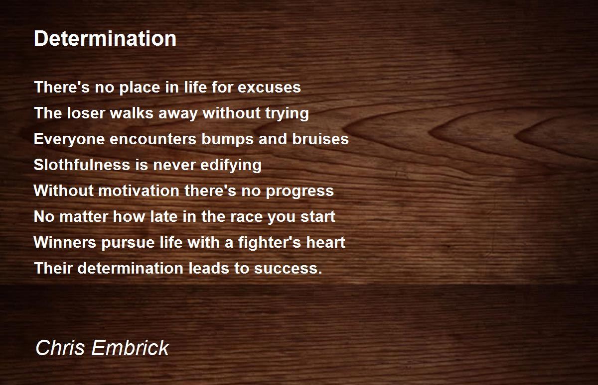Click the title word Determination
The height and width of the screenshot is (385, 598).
[105, 39]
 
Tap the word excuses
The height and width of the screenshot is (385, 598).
[269, 88]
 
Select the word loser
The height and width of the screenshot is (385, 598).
[86, 113]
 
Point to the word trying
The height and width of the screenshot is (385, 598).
[287, 114]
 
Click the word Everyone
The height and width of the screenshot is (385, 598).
[69, 139]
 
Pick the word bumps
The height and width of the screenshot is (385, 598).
[227, 139]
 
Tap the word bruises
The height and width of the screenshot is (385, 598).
[320, 139]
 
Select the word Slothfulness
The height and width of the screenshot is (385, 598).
[82, 164]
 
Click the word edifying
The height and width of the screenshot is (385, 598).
[231, 165]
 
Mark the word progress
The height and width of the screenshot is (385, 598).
[300, 192]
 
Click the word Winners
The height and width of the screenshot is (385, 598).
[65, 242]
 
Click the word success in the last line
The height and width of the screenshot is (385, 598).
[286, 269]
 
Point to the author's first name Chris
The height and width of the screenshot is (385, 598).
[60, 348]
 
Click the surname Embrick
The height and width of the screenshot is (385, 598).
[130, 348]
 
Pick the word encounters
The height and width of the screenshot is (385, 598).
[153, 139]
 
